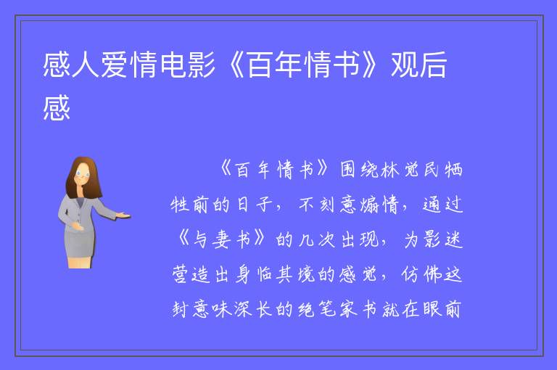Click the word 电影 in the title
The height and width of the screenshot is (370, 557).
coord(188,65)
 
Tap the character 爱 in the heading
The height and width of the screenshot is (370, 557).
coord(115,65)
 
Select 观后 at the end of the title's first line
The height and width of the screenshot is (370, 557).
coord(418,65)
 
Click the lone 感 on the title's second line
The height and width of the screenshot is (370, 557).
coord(57,107)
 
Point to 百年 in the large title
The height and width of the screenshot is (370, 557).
coord(275,65)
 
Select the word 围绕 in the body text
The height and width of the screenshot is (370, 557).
coord(359,170)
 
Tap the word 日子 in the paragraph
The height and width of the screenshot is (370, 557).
coord(255,205)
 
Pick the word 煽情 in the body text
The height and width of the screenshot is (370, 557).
coord(379,205)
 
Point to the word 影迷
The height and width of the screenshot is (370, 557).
coord(443,239)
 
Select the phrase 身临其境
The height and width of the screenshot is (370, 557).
coord(275,274)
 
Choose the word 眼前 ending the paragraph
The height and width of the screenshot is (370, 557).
coord(442,309)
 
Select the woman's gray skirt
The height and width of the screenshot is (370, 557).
coord(80,243)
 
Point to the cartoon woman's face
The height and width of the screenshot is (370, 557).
coord(83,175)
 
